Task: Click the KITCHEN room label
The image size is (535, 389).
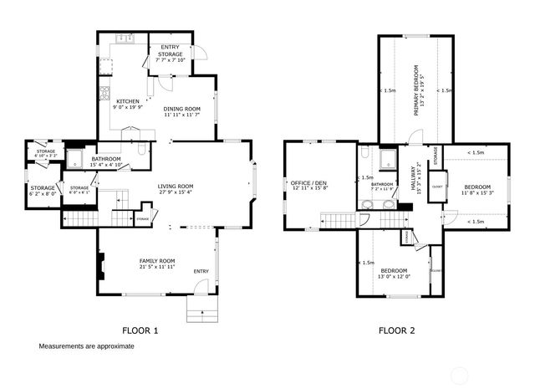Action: point(116,104)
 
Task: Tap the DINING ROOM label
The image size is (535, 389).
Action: point(181,111)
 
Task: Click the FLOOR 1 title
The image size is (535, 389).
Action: point(140,330)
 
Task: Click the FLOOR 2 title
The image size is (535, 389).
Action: point(396,330)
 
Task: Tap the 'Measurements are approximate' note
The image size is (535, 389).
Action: point(86,345)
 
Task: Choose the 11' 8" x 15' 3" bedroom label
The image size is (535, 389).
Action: point(476,189)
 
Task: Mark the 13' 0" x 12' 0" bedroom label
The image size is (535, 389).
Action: point(394,274)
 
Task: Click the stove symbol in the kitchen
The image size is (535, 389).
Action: point(104,93)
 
